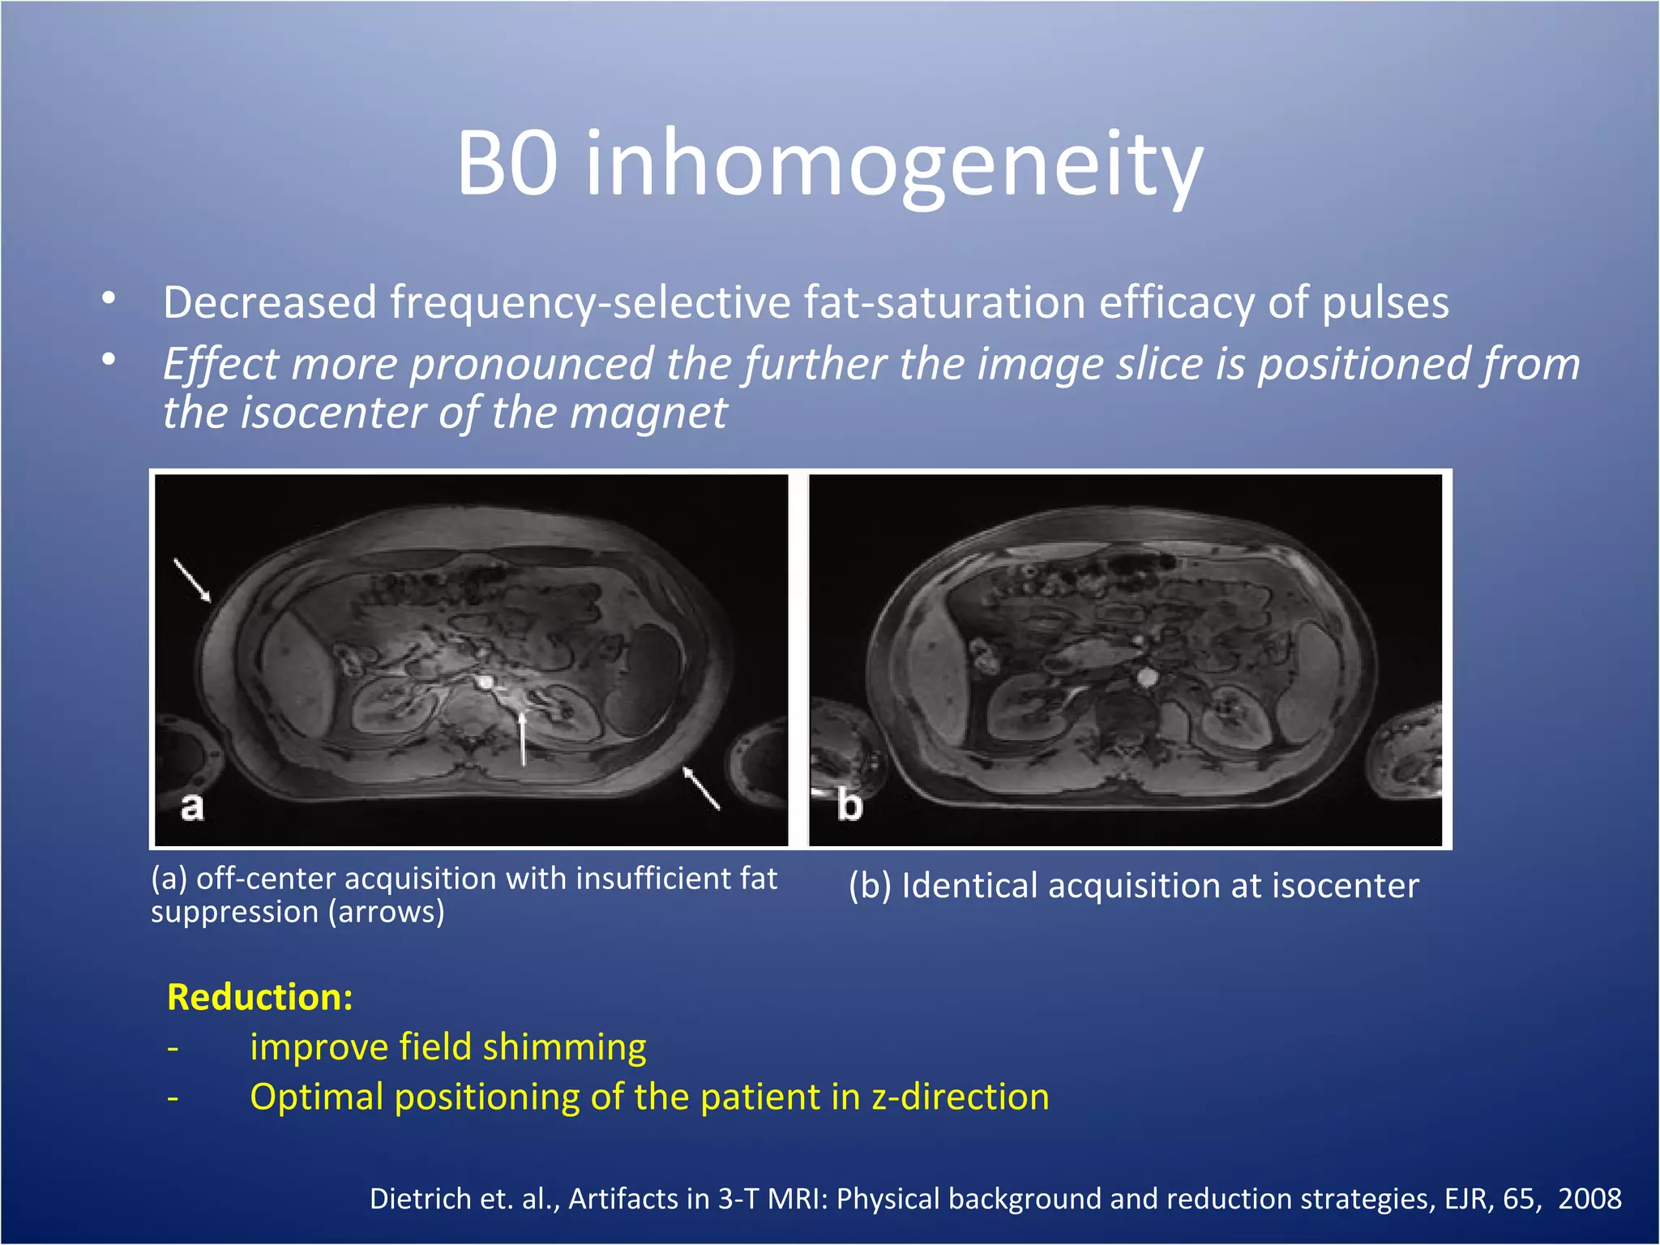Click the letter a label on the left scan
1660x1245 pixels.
tap(192, 806)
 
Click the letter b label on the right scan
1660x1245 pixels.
tap(849, 805)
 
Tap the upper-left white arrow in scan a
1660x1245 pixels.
tap(193, 580)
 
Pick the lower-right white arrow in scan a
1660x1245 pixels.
tap(701, 787)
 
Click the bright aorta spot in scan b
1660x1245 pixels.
tap(1146, 676)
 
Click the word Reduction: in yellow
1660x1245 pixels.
tap(260, 997)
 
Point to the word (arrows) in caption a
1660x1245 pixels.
tap(387, 912)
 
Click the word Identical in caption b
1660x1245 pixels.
tap(969, 885)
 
